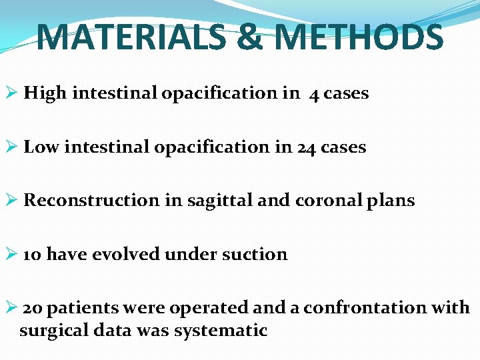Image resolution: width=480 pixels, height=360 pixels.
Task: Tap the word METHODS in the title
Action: pyautogui.click(x=359, y=37)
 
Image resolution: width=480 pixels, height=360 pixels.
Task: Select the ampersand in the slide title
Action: pyautogui.click(x=249, y=37)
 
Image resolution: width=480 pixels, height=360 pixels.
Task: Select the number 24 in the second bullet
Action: pyautogui.click(x=306, y=147)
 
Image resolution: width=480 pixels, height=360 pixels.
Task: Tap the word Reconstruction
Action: pyautogui.click(x=92, y=201)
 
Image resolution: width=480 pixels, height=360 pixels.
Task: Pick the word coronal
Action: pyautogui.click(x=321, y=201)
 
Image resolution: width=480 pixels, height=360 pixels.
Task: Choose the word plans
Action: pyautogui.click(x=389, y=201)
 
